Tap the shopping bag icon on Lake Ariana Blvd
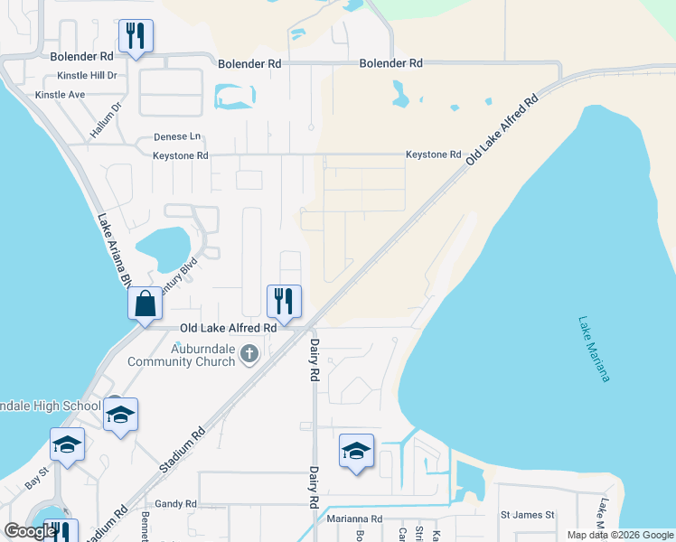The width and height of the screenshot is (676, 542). coord(145,304)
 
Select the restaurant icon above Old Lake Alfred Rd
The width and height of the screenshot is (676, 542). coord(284,301)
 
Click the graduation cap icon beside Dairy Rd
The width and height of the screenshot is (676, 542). coord(356,451)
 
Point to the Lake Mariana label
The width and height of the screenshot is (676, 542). coord(594,349)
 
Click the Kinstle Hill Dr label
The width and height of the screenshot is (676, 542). coord(87,76)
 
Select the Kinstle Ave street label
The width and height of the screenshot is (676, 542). coord(60,94)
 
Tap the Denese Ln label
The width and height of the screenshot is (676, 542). coord(176,137)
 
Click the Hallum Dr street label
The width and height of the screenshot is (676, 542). coord(106,119)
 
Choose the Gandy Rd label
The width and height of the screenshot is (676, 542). coord(175,504)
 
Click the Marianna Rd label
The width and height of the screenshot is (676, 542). coord(352,519)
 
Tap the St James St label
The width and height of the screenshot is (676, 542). coord(527,515)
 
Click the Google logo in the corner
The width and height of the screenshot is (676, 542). coord(30,530)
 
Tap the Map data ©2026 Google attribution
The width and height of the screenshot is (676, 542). coord(620,535)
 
